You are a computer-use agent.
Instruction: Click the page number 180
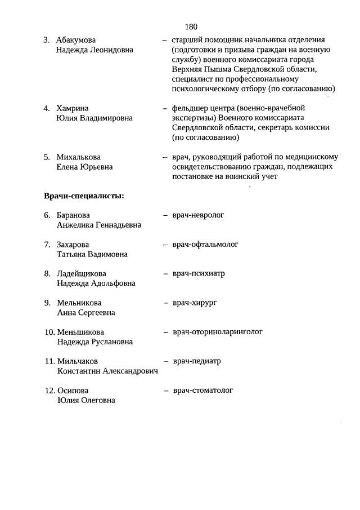190,26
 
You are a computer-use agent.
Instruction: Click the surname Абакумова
76,39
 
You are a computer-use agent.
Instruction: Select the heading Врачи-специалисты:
84,196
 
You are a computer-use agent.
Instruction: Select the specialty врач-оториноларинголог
218,332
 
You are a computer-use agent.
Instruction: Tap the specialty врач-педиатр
197,361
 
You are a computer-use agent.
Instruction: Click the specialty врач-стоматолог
202,390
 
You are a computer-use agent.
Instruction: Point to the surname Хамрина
73,108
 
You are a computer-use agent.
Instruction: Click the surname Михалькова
79,157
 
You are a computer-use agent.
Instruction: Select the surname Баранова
73,215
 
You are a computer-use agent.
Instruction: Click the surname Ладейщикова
82,274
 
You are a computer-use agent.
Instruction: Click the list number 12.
49,391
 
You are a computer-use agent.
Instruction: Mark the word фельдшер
190,108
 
